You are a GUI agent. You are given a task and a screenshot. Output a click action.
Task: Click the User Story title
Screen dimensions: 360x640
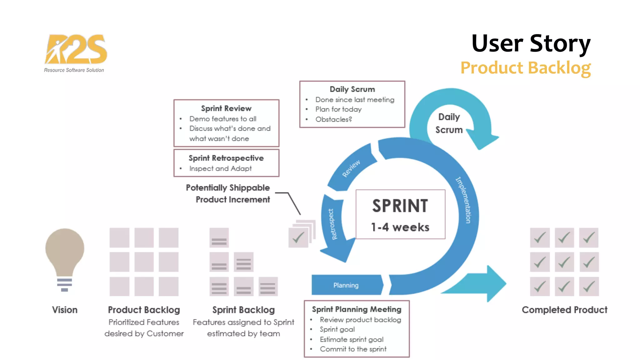point(531,44)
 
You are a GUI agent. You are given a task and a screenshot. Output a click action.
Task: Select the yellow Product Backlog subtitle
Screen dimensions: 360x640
point(525,68)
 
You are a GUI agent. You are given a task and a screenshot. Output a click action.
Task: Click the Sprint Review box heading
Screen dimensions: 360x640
point(226,108)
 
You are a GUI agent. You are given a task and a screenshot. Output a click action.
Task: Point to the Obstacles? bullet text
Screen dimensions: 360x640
point(333,119)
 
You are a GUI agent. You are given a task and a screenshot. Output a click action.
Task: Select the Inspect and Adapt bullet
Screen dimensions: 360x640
point(220,168)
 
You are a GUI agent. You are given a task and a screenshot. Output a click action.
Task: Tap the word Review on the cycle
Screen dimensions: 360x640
point(351,168)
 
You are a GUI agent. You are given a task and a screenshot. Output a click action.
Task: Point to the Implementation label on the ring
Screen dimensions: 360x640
point(463,200)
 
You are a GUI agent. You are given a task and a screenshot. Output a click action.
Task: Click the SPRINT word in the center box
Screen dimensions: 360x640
point(400,206)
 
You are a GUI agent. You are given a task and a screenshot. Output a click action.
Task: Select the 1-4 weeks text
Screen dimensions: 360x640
point(400,227)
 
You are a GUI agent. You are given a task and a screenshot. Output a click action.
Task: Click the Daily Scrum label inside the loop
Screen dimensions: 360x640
point(449,123)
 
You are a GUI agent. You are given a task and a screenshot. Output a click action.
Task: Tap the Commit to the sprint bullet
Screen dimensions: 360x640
point(353,349)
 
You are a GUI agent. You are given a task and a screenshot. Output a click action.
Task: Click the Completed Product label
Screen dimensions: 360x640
point(564,310)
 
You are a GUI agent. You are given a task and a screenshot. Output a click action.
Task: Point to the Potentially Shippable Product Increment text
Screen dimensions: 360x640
point(228,193)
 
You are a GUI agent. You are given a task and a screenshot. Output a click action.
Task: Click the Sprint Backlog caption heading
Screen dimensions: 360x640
point(243,310)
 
